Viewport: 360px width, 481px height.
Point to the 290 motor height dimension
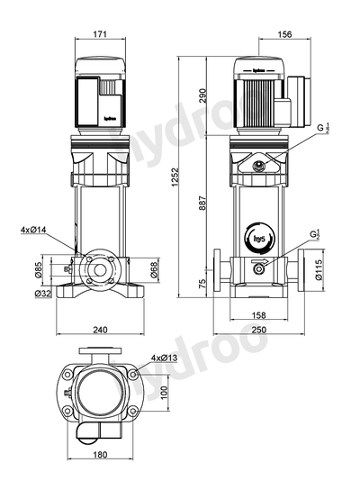tap(202, 94)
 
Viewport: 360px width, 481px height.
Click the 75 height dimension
tap(202, 283)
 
